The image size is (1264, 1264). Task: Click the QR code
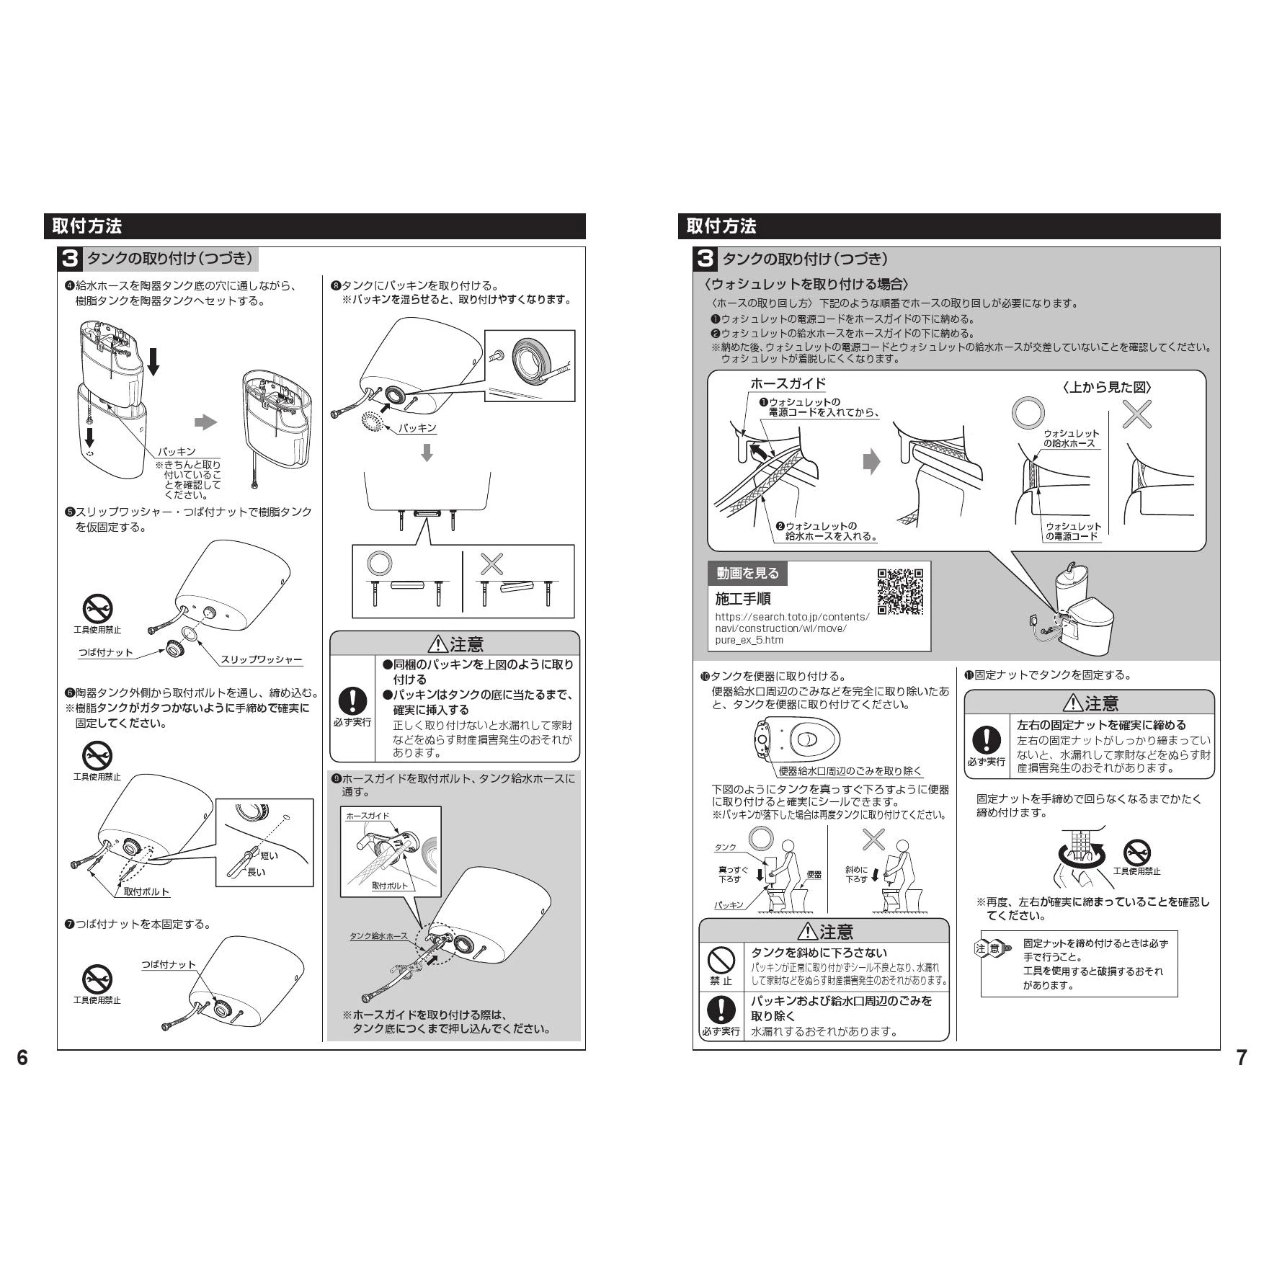coord(899,592)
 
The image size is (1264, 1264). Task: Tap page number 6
coord(22,1057)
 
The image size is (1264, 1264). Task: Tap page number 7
coord(1241,1057)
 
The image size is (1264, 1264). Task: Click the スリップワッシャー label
coord(261,659)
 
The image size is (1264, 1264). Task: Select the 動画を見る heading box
coord(747,574)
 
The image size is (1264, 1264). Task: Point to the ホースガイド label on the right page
coord(788,383)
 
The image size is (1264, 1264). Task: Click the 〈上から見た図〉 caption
coord(1106,387)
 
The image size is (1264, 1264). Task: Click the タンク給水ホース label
coord(378,936)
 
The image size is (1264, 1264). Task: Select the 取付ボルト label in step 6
coord(146,891)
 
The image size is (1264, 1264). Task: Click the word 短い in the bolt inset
coord(269,855)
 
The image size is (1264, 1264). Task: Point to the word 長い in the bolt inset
coord(257,872)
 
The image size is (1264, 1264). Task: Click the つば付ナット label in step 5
coord(105,652)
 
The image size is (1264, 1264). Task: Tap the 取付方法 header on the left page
coord(87,226)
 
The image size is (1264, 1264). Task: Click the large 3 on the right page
coord(706,259)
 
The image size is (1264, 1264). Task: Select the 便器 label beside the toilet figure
coord(814,874)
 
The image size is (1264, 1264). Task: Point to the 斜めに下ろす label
coord(856,874)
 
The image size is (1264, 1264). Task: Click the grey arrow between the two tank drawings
coord(206,422)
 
